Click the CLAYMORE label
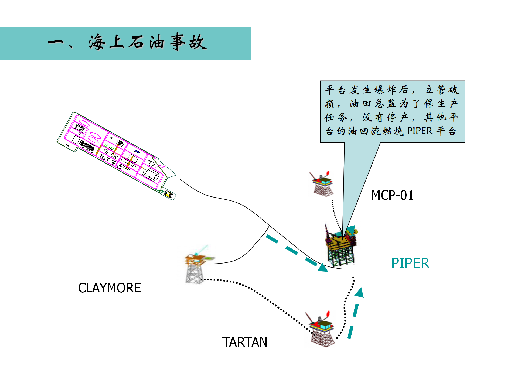109,288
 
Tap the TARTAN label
244,342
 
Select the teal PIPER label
410,263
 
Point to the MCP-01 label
392,195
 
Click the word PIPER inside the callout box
420,131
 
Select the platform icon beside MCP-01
322,185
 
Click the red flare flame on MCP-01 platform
328,173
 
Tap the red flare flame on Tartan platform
328,314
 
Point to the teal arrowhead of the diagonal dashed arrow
323,268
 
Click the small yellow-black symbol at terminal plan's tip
169,194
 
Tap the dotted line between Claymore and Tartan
259,294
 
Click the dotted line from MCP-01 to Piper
335,216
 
